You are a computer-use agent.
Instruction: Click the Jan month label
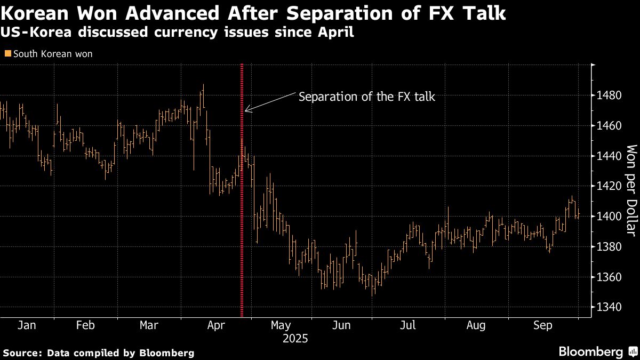click(26, 325)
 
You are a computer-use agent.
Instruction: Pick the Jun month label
click(341, 325)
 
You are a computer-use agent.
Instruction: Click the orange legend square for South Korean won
click(7, 54)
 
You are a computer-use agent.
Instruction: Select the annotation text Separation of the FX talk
click(367, 97)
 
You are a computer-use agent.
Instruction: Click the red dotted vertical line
click(242, 213)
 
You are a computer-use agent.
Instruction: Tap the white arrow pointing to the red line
click(269, 102)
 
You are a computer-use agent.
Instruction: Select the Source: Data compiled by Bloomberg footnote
click(99, 353)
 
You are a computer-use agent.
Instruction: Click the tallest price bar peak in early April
click(203, 86)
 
